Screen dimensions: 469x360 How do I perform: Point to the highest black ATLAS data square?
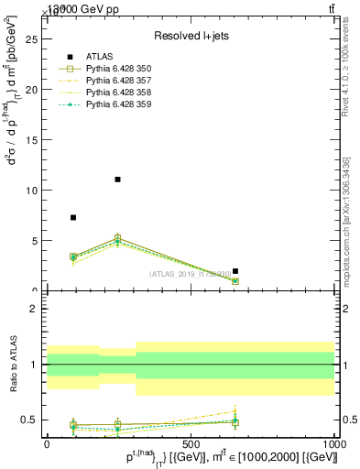[117, 180]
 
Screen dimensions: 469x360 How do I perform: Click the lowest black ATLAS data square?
[235, 271]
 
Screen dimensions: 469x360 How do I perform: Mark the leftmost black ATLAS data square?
[73, 217]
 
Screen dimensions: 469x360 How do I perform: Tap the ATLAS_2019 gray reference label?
[191, 274]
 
